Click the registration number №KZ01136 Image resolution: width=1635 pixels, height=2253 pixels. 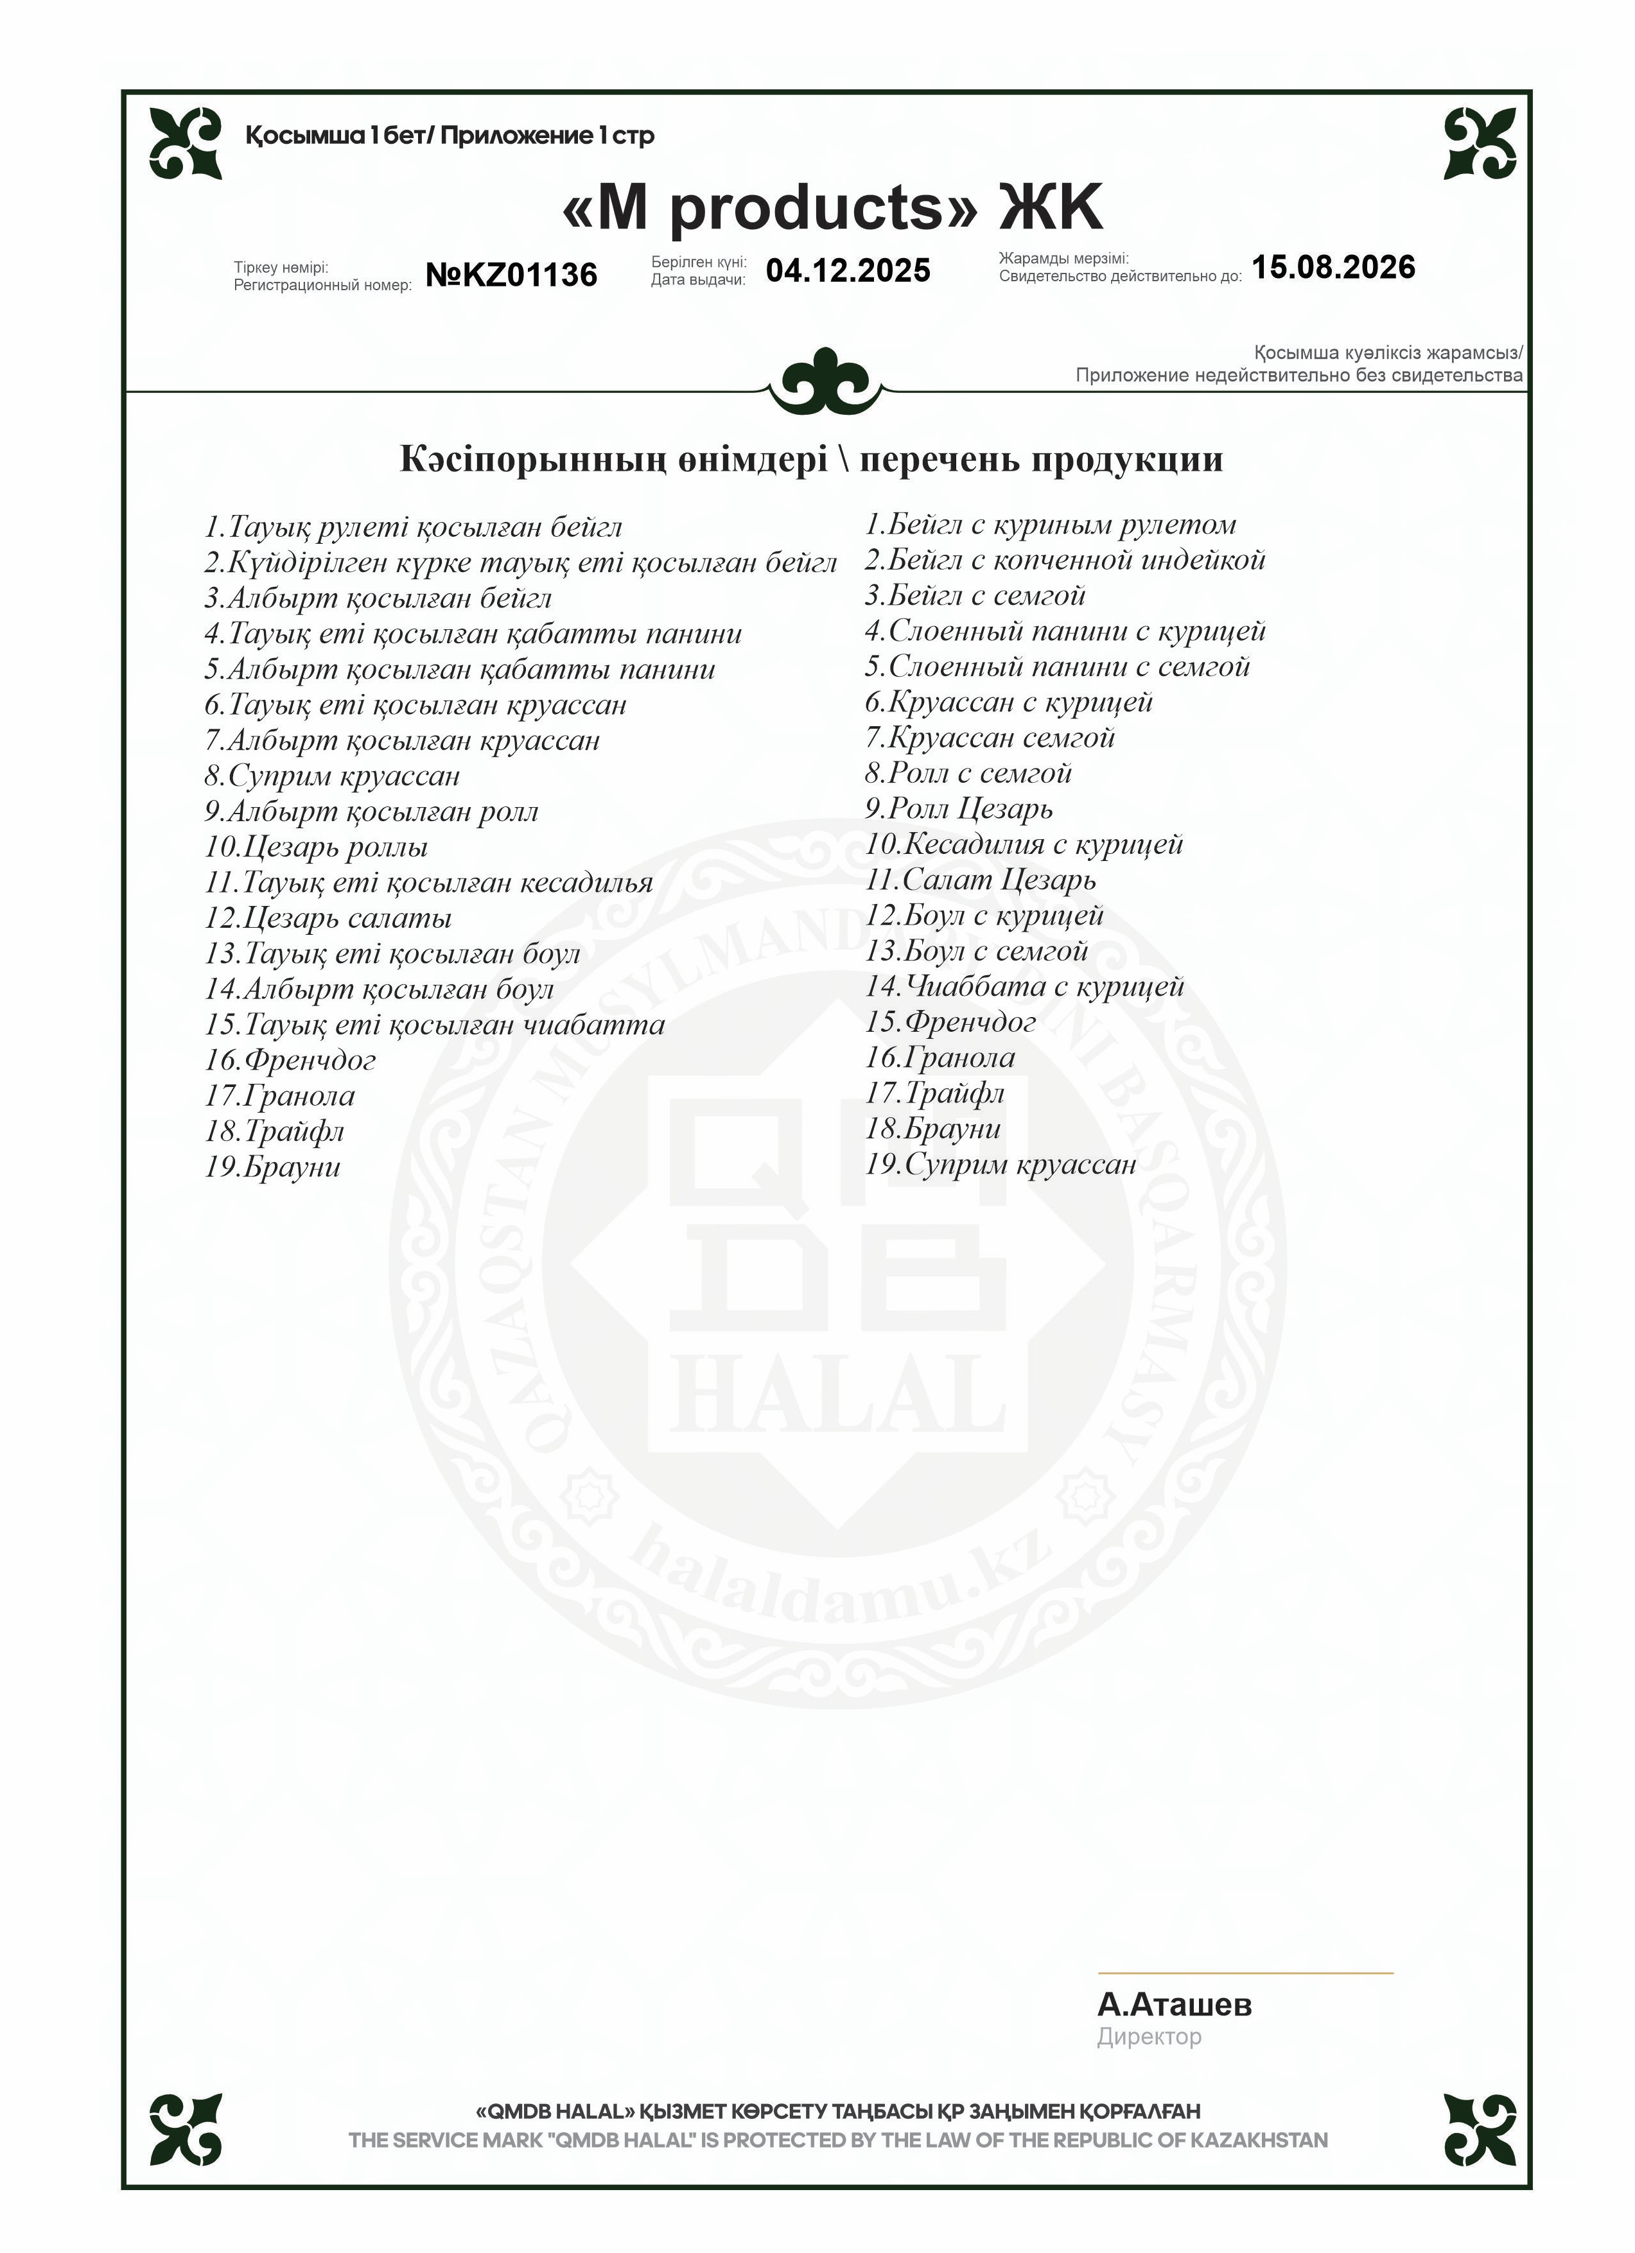[512, 274]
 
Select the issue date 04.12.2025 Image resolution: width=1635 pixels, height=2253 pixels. [847, 270]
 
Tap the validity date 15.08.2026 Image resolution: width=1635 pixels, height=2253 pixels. [1333, 267]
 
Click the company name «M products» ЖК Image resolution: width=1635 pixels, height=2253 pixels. [832, 207]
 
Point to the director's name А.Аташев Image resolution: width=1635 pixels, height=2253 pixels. [1174, 2005]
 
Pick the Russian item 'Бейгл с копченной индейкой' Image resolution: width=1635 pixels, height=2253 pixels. [1065, 561]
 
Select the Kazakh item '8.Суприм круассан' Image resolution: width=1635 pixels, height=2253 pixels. [332, 776]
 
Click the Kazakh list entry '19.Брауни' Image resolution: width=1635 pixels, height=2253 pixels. [272, 1167]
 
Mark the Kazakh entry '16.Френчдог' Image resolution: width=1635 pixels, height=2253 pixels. [290, 1061]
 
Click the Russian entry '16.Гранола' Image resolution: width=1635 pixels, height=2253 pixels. [940, 1058]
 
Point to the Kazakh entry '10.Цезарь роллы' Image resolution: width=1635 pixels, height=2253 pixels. [316, 848]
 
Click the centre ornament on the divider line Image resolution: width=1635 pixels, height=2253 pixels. [825, 381]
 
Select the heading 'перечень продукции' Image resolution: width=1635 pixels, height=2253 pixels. [1041, 460]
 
